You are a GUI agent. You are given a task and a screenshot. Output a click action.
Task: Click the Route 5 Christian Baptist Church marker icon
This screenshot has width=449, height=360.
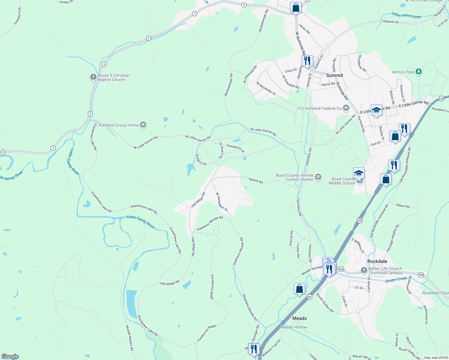pos(93,77)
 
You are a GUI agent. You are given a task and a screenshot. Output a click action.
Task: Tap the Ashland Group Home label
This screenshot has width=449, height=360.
pos(119,125)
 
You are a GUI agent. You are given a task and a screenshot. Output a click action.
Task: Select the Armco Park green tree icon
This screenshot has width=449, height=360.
pos(419,72)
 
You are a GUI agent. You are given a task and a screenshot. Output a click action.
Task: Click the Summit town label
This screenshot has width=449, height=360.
pos(334,75)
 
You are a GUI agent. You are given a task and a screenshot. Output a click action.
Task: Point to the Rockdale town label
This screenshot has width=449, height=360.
pos(377,261)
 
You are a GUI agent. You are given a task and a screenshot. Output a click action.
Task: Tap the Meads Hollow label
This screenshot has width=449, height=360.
pos(294,327)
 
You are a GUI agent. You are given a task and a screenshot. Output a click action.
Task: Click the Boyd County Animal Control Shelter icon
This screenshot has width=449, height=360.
pos(318,177)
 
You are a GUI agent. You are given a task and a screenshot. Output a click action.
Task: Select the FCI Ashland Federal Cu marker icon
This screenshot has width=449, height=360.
pos(346,108)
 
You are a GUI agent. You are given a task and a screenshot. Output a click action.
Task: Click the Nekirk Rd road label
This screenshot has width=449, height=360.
pos(256,180)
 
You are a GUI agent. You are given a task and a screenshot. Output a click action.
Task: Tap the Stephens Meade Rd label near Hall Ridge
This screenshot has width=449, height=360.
pos(209,223)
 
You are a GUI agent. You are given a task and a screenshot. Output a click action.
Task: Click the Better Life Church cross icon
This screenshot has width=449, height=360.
pos(364,270)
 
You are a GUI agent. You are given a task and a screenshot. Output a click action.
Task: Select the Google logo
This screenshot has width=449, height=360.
pos(10,356)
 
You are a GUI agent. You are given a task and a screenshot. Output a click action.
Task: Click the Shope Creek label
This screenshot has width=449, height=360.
pos(396,280)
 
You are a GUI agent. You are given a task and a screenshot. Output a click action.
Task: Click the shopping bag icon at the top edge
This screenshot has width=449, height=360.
pos(296,7)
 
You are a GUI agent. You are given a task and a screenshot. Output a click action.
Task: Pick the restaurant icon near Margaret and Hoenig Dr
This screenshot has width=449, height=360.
pos(307,61)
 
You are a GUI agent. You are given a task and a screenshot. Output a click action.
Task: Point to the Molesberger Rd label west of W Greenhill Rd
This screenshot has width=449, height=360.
pos(229,85)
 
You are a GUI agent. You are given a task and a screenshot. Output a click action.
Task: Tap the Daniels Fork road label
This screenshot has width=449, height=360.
pos(18,16)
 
